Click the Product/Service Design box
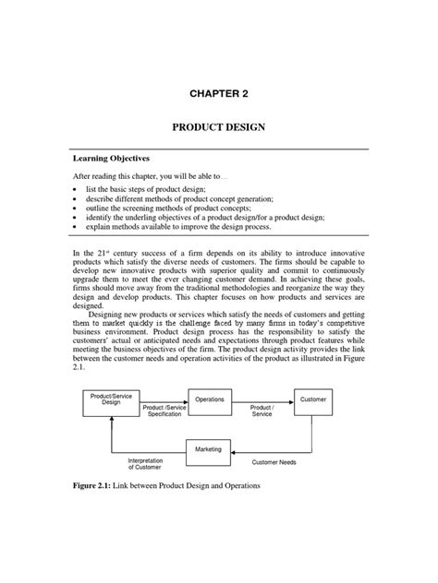click(111, 399)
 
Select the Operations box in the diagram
click(209, 399)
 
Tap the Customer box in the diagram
click(311, 399)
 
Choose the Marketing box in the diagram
click(209, 448)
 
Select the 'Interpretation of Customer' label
click(142, 465)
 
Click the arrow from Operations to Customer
click(262, 399)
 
